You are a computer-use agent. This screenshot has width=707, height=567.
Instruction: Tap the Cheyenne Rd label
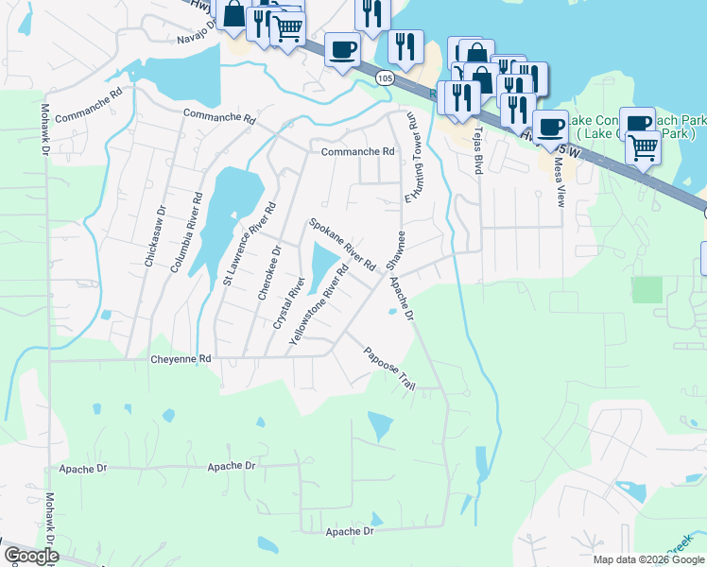180,360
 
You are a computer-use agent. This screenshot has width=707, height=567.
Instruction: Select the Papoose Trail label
390,369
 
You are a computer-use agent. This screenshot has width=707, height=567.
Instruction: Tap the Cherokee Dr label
269,274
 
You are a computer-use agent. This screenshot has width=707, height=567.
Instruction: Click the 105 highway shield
383,78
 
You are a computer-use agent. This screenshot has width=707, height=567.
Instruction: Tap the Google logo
31,556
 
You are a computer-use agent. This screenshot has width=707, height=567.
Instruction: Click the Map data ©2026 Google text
648,559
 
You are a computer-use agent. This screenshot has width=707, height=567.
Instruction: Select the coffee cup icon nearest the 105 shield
342,49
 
